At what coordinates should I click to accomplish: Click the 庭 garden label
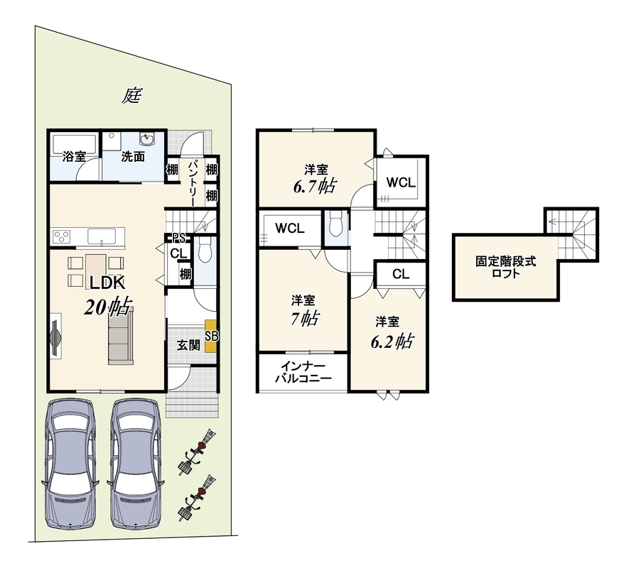(131, 96)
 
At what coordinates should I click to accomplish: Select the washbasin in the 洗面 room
(147, 139)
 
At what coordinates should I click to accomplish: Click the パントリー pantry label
(193, 182)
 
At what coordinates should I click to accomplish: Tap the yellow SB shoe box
(211, 336)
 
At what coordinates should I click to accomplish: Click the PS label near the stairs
(178, 239)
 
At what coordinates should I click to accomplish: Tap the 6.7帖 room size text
(315, 186)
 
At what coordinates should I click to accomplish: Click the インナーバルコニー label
(303, 372)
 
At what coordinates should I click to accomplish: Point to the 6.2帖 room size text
(392, 342)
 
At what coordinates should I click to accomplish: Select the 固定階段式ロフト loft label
(505, 268)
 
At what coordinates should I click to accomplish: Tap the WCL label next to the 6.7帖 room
(401, 182)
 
